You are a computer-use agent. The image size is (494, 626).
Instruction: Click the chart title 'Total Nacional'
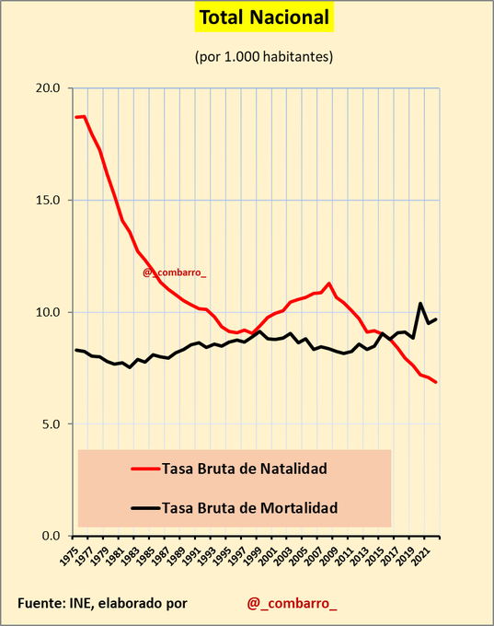264,17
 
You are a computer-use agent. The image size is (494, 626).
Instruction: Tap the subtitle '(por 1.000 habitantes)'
264,56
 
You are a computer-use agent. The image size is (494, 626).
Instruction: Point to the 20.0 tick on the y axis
48,88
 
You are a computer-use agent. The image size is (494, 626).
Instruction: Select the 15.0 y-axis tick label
48,200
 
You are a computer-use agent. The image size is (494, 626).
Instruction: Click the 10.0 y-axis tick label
48,312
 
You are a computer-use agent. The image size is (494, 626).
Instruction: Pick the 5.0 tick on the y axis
52,424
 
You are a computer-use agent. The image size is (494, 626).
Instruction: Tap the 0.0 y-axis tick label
52,536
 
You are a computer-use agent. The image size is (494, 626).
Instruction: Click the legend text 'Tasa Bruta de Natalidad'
244,468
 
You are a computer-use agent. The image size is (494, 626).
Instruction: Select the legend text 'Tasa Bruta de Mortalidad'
249,507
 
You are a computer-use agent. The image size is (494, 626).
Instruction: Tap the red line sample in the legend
144,468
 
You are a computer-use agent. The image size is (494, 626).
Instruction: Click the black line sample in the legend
144,507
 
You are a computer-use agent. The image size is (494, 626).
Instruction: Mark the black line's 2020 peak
420,303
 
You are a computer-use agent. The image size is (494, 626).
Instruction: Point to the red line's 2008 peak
329,284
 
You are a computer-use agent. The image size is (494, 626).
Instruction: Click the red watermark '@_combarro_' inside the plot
175,272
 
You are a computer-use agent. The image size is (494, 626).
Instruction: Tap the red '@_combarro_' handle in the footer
292,603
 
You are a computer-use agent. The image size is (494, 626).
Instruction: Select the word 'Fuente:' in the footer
40,603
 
